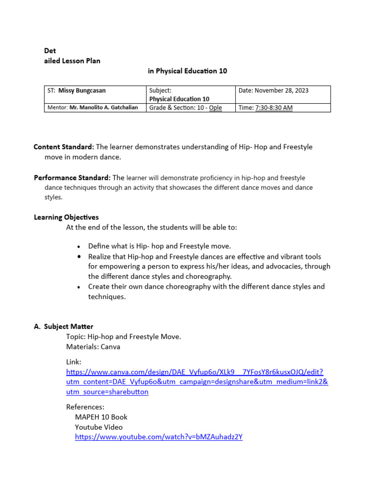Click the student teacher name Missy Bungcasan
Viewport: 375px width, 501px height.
point(82,91)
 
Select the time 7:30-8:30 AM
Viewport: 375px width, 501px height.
point(273,108)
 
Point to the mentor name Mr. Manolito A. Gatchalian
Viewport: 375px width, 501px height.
point(104,108)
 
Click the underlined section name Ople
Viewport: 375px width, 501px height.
point(215,108)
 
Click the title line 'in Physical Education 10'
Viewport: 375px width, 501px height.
point(187,71)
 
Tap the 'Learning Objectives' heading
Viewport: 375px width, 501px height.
point(66,217)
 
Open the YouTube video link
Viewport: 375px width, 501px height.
point(159,437)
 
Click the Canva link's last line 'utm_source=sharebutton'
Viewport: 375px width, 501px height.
point(107,392)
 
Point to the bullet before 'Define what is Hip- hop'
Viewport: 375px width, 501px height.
point(79,247)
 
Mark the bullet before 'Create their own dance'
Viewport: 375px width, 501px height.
point(79,287)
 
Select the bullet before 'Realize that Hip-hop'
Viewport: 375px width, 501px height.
point(79,257)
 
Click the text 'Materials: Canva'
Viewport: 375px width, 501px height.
point(94,347)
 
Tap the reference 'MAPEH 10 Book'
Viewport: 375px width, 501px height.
point(101,417)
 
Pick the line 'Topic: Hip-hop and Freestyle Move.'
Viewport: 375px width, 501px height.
point(124,337)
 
